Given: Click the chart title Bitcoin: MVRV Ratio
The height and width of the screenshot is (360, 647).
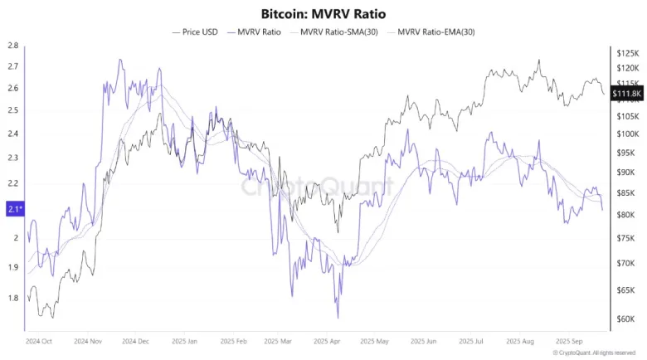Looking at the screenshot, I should click(323, 13).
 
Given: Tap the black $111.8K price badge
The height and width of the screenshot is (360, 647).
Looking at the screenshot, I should click(626, 94).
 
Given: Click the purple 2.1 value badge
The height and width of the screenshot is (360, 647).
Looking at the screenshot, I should click(14, 209).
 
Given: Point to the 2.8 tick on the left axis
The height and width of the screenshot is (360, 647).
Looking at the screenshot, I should click(13, 45).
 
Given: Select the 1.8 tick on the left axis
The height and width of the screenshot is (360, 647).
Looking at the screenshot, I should click(13, 297).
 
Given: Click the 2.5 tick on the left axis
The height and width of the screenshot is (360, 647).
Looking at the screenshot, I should click(13, 110).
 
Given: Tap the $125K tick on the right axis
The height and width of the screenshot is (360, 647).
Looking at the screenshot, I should click(627, 52).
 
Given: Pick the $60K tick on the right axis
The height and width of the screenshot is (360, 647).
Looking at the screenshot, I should click(627, 319).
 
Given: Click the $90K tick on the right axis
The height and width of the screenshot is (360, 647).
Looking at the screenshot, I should click(627, 173).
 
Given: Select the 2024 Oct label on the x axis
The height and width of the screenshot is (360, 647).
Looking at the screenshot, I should click(39, 340).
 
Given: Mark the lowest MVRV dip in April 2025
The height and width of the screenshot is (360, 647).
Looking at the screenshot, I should click(338, 317).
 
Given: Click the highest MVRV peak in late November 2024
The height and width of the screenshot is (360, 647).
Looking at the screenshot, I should click(120, 60).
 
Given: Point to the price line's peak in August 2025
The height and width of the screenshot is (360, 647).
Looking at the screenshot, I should click(539, 61).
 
